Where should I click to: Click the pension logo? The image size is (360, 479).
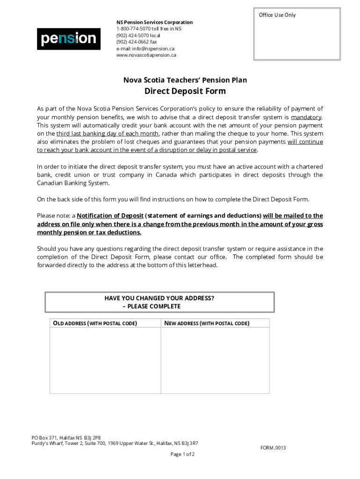[x=69, y=39]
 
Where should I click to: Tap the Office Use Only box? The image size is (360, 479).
[x=296, y=34]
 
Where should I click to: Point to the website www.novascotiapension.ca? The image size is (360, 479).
[x=146, y=55]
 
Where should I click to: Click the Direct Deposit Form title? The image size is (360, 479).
[x=185, y=91]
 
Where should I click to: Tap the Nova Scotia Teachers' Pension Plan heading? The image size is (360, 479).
[x=185, y=80]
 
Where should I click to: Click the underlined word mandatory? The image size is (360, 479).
[x=306, y=117]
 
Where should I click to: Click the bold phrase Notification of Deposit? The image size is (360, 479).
[x=110, y=216]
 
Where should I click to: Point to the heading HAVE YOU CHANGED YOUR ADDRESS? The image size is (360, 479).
[x=159, y=298]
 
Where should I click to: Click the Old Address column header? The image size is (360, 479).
[x=94, y=323]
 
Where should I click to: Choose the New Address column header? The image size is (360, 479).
[x=206, y=323]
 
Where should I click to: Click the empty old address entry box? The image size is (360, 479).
[x=105, y=360]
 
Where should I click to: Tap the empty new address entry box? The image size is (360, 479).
[x=215, y=360]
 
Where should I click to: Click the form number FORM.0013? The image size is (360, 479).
[x=273, y=448]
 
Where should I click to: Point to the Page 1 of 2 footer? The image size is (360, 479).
[x=182, y=454]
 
